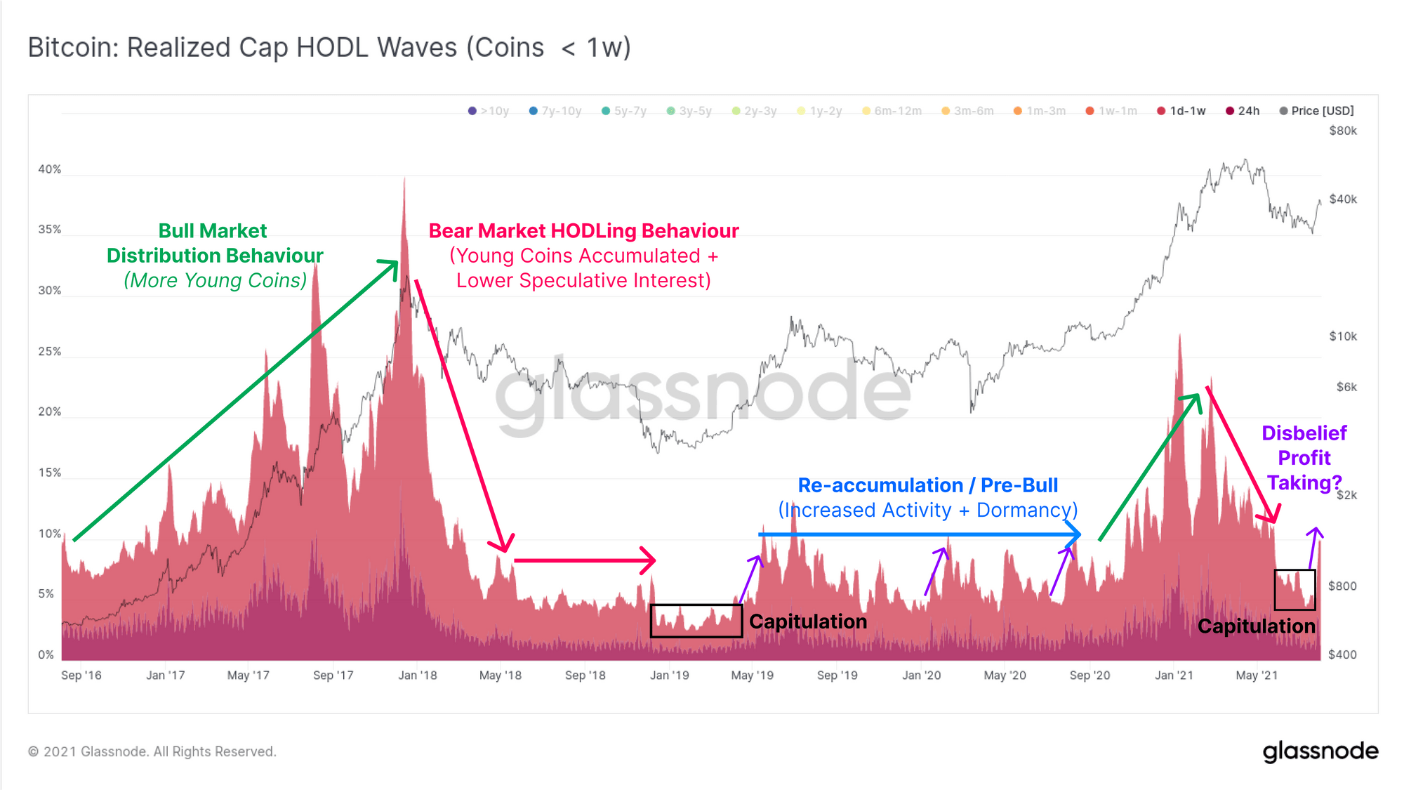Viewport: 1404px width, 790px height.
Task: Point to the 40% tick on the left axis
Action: (x=49, y=169)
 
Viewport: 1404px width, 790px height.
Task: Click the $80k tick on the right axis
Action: (x=1342, y=131)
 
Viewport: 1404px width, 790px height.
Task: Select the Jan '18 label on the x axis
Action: (x=417, y=675)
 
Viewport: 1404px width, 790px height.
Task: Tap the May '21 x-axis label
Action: (x=1257, y=675)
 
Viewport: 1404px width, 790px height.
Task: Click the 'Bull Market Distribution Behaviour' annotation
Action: (x=214, y=243)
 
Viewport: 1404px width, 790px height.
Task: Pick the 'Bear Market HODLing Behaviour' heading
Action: (x=583, y=231)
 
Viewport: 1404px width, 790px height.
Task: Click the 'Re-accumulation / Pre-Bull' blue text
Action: (x=927, y=485)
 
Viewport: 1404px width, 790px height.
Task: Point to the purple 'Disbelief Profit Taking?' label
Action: (x=1304, y=458)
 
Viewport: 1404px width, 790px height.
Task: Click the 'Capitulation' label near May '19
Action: (x=807, y=621)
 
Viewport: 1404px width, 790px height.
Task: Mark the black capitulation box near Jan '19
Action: (x=696, y=621)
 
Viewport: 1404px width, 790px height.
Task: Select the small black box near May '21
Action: (x=1294, y=589)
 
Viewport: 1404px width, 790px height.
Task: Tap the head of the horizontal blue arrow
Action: (x=1073, y=534)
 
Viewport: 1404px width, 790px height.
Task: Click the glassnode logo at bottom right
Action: (x=1320, y=751)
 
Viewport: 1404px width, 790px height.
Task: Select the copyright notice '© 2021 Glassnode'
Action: (x=152, y=751)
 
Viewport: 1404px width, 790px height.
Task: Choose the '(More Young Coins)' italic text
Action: (x=215, y=280)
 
